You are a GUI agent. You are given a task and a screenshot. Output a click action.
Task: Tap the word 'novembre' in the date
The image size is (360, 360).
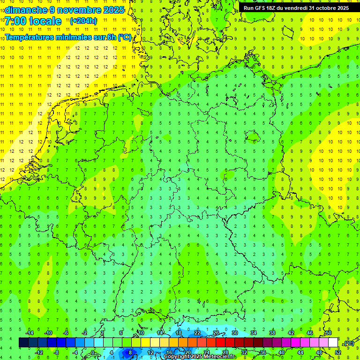click(x=75, y=10)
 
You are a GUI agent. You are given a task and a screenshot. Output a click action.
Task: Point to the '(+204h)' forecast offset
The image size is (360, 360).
click(x=83, y=21)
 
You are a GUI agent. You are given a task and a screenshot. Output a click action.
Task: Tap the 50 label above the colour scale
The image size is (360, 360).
click(x=328, y=333)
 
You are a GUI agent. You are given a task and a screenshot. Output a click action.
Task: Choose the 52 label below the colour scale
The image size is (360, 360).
click(x=337, y=352)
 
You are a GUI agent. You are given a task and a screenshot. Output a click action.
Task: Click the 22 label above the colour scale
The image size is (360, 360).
click(x=197, y=333)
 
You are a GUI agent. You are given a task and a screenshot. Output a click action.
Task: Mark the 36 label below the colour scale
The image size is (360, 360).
click(x=263, y=352)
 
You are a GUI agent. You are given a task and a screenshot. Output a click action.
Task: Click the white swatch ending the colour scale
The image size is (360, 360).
click(x=333, y=343)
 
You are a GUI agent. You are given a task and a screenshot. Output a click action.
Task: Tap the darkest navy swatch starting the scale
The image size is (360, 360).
click(x=23, y=343)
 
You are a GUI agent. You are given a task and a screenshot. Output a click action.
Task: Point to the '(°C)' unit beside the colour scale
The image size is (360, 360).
click(x=349, y=343)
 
